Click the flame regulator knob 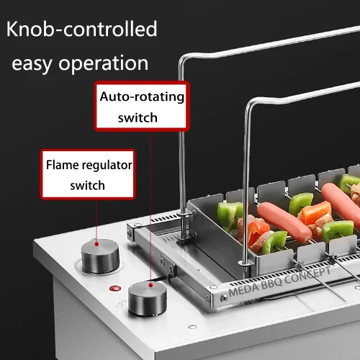click(x=100, y=256)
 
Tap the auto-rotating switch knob click(x=147, y=298)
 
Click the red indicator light click(x=115, y=288)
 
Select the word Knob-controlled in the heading click(x=81, y=29)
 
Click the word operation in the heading click(x=104, y=63)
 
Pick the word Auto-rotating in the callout click(x=142, y=96)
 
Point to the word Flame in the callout click(x=62, y=165)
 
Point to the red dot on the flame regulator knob click(x=96, y=244)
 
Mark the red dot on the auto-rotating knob click(x=150, y=285)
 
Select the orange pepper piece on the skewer click(x=316, y=212)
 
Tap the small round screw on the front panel click(x=192, y=327)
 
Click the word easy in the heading click(x=32, y=64)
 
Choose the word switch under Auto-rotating click(x=138, y=117)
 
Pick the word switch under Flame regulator click(x=87, y=186)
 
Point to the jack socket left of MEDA click(x=224, y=298)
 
